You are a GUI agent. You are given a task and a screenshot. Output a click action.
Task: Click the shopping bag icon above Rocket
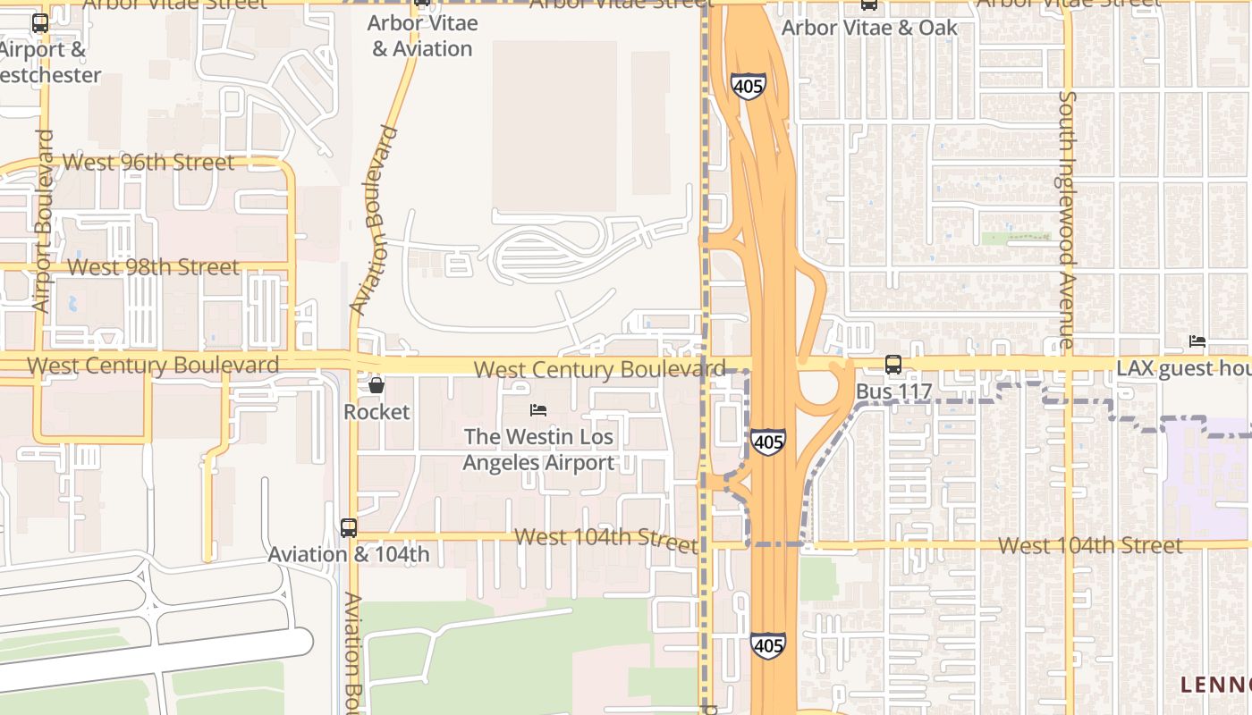pyautogui.click(x=376, y=385)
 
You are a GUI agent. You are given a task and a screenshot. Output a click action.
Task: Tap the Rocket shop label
pyautogui.click(x=376, y=412)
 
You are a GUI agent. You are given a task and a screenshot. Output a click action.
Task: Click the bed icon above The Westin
pyautogui.click(x=538, y=410)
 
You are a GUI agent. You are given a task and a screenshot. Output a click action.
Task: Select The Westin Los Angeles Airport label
pyautogui.click(x=538, y=450)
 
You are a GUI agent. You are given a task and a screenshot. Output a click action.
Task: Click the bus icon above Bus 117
pyautogui.click(x=892, y=364)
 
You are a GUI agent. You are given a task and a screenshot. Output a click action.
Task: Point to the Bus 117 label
pyautogui.click(x=893, y=391)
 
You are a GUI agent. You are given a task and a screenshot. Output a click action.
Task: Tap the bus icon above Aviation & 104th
pyautogui.click(x=349, y=528)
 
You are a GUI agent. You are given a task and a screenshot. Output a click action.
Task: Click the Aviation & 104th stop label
pyautogui.click(x=349, y=554)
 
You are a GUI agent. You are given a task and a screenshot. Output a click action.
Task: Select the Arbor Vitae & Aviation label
pyautogui.click(x=422, y=36)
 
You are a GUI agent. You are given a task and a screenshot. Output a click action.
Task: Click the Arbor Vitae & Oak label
pyautogui.click(x=869, y=28)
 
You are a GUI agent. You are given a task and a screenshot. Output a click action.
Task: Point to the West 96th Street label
pyautogui.click(x=148, y=163)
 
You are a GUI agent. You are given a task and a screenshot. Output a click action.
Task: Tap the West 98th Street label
pyautogui.click(x=153, y=267)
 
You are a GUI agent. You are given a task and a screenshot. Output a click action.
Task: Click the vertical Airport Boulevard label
pyautogui.click(x=43, y=222)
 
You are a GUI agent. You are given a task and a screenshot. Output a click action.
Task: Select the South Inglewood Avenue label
pyautogui.click(x=1066, y=219)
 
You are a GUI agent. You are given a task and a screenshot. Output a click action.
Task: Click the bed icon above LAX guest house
pyautogui.click(x=1197, y=341)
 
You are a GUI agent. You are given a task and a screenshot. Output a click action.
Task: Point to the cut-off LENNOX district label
pyautogui.click(x=1215, y=685)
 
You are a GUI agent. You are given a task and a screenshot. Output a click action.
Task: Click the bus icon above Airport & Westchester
pyautogui.click(x=40, y=24)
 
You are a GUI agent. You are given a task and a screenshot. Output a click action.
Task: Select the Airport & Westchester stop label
pyautogui.click(x=50, y=63)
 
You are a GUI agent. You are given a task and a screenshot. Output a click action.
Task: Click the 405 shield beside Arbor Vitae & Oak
pyautogui.click(x=748, y=86)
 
